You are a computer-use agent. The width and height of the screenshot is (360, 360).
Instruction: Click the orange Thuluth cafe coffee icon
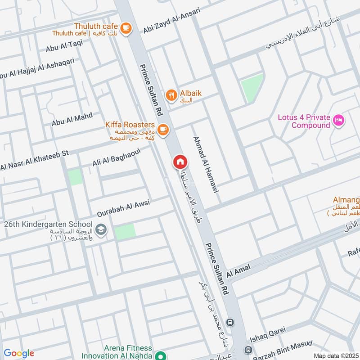click(x=126, y=27)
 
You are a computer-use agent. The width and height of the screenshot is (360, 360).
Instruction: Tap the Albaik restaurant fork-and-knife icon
click(x=171, y=95)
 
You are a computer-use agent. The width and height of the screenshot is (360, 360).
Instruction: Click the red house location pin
click(x=180, y=162)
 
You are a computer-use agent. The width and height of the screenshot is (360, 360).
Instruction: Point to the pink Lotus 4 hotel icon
click(x=339, y=120)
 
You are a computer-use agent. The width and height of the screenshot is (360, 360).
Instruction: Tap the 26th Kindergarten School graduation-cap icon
click(x=102, y=229)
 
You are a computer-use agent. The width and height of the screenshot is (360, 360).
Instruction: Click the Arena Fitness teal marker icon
click(x=158, y=355)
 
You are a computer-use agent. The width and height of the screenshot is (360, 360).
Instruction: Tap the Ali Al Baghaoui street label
click(x=117, y=158)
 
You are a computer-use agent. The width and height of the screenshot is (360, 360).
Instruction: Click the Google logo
click(x=19, y=353)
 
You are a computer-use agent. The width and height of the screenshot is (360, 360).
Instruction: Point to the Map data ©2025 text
click(x=335, y=355)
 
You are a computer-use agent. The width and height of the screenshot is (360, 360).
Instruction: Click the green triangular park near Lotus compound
click(x=252, y=87)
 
